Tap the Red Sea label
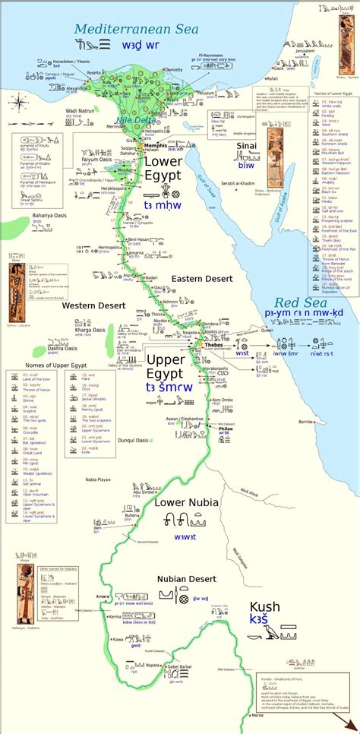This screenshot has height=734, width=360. (299, 302)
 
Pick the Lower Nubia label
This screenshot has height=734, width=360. (186, 502)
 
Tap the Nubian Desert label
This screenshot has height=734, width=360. (186, 579)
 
